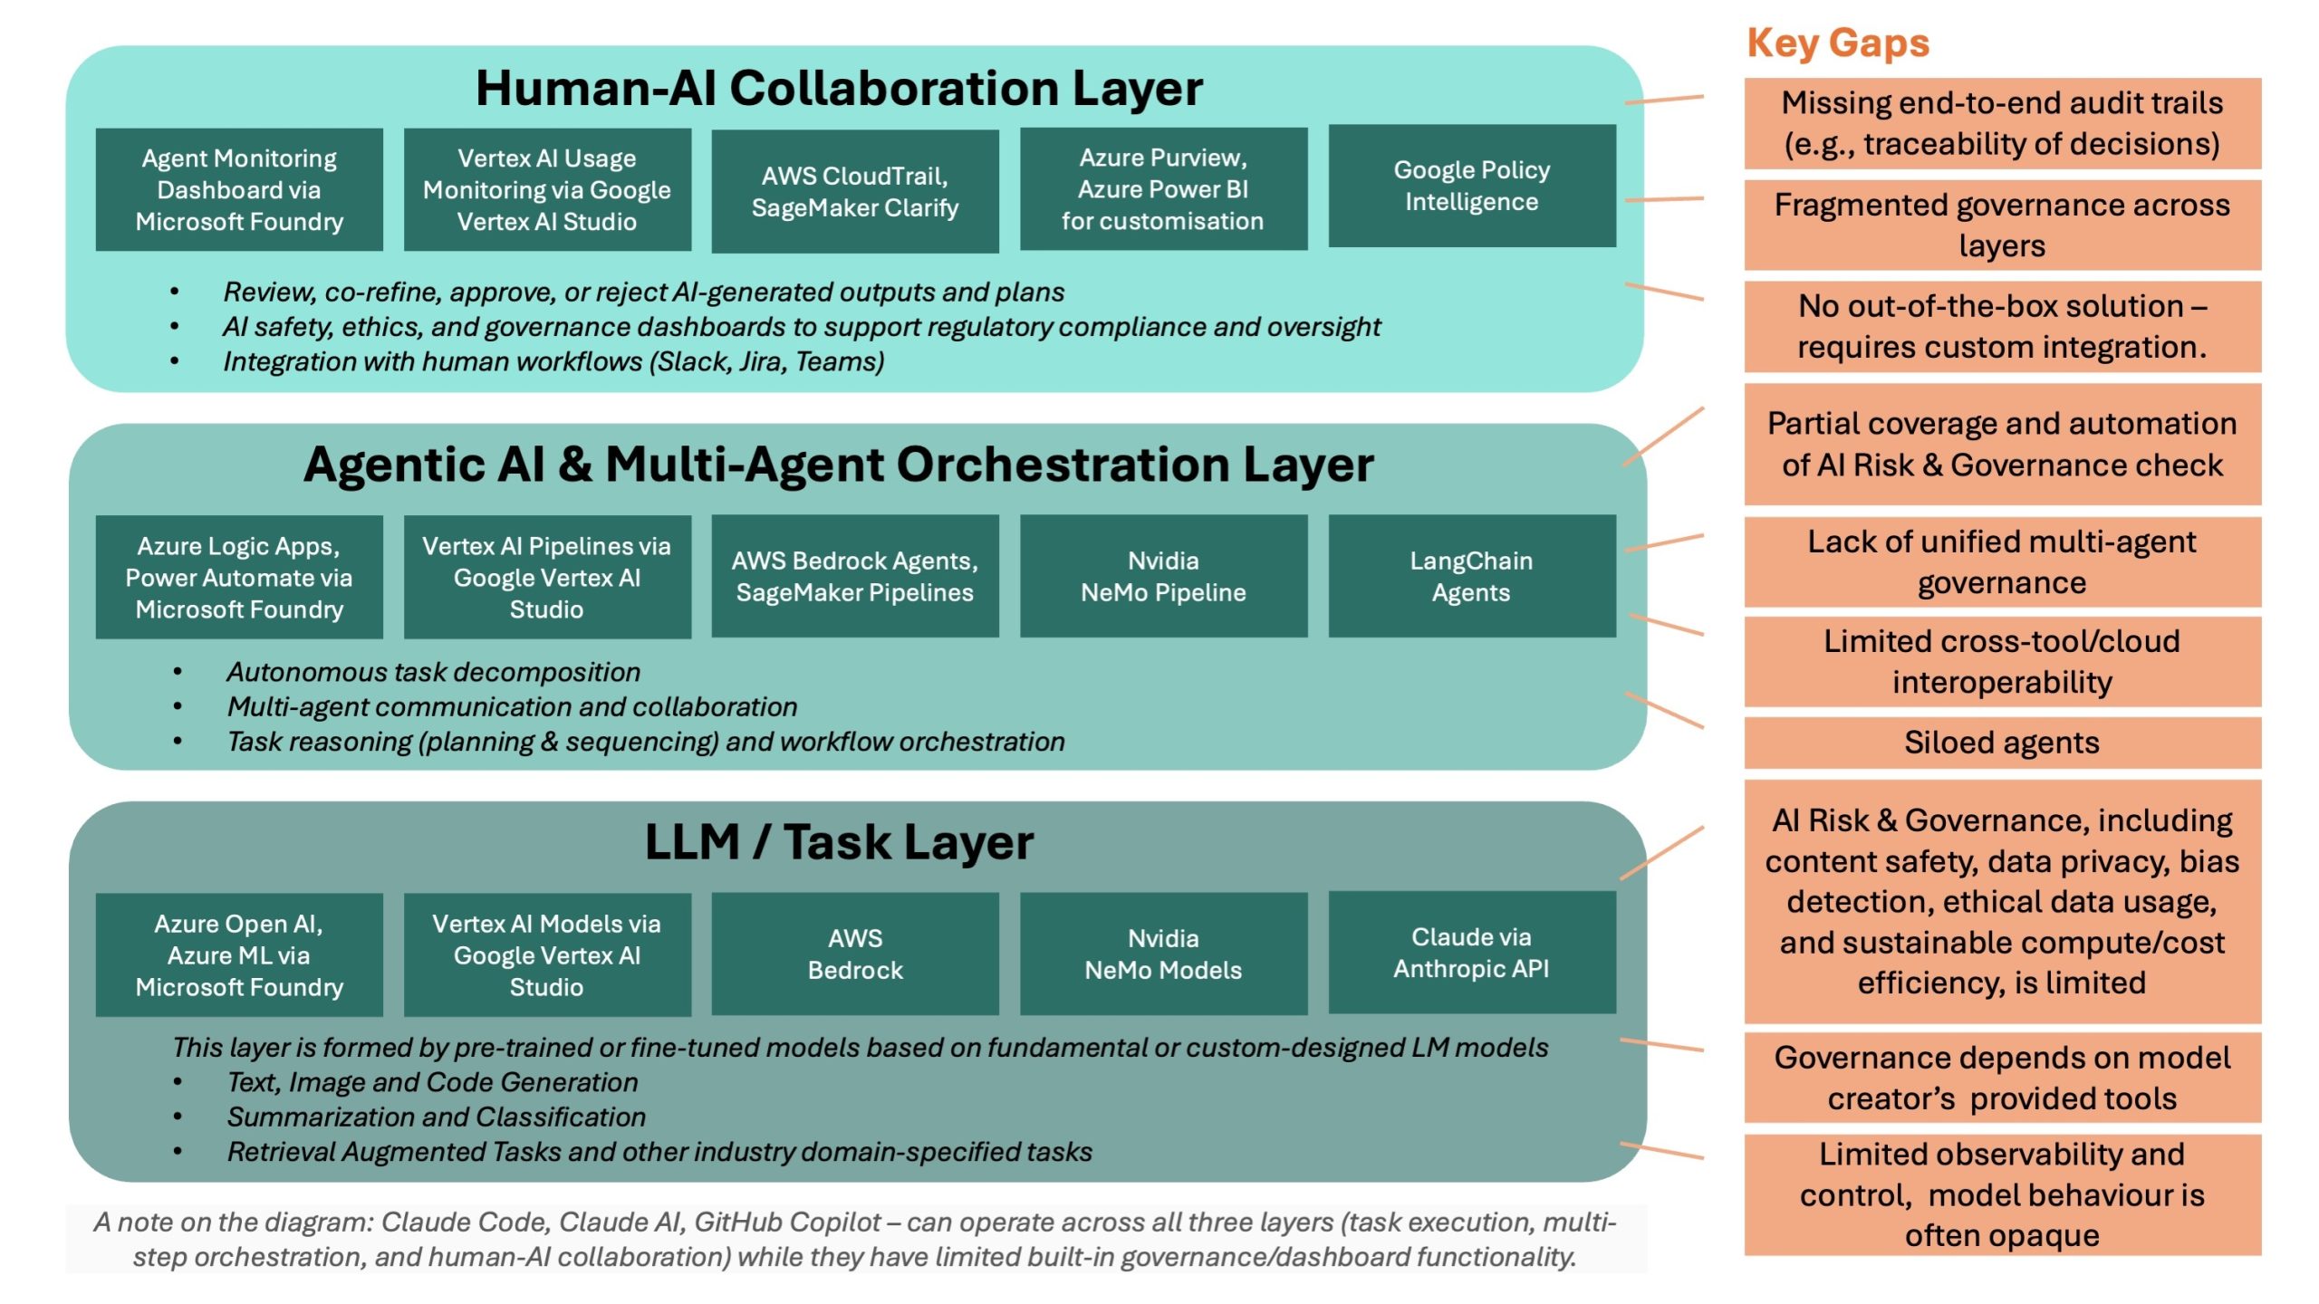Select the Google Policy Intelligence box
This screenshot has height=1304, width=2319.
[1471, 187]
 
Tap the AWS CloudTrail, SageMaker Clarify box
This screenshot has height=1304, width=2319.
[854, 191]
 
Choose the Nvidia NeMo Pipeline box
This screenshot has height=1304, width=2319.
[1163, 577]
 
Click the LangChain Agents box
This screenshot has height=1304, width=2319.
[1471, 577]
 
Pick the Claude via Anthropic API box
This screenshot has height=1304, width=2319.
[1471, 953]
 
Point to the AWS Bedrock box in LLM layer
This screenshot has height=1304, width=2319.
[854, 954]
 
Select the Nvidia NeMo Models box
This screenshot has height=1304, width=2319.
[1163, 954]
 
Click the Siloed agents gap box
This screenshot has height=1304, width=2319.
[2001, 743]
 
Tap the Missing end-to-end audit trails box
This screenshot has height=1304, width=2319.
[2001, 123]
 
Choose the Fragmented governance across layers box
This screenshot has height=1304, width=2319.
[2001, 225]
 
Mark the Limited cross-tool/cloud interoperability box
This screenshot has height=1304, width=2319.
[2001, 661]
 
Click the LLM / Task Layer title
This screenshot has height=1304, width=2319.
[838, 842]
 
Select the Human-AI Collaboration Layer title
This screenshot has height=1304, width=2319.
[838, 89]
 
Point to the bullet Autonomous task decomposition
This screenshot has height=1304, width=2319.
[433, 672]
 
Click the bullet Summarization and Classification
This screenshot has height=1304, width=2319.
[436, 1117]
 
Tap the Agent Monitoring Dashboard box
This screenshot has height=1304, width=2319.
[239, 190]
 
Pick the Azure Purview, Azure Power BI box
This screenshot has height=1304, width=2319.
[1163, 189]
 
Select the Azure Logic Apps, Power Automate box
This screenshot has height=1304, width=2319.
[239, 578]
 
